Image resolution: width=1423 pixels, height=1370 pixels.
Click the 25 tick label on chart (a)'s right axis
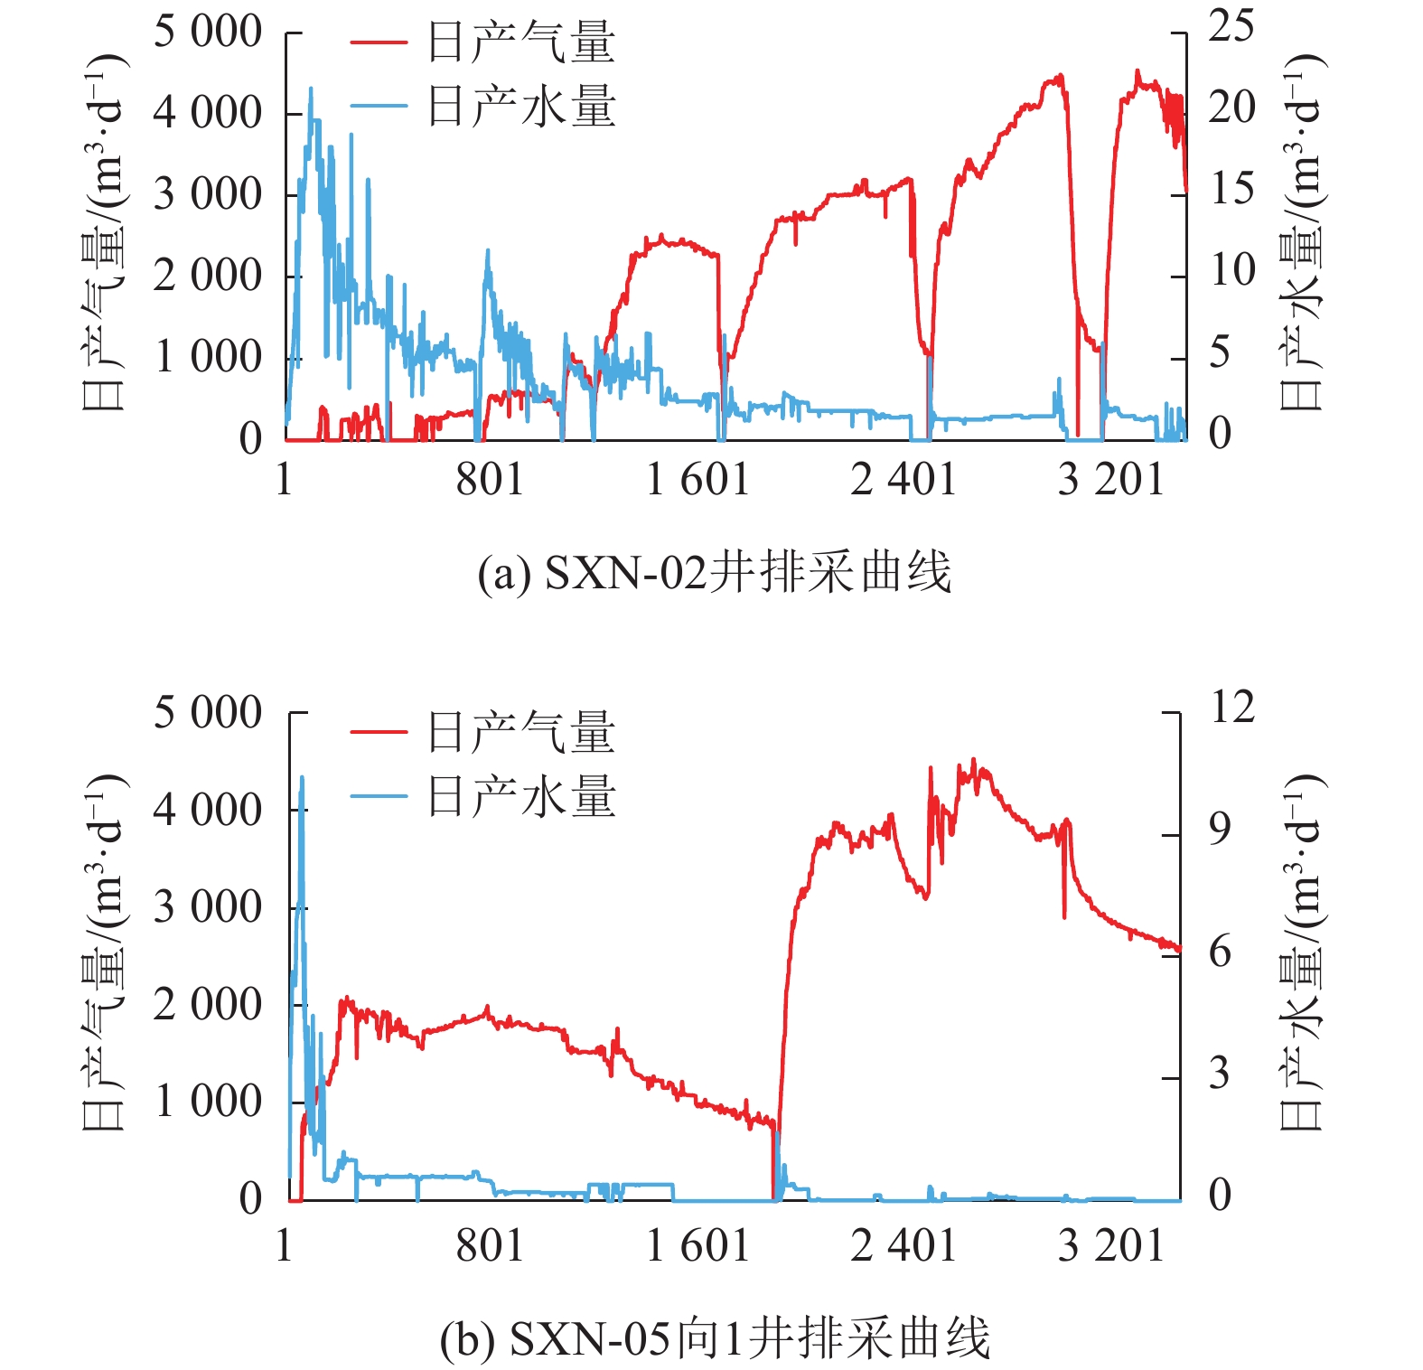tap(1231, 26)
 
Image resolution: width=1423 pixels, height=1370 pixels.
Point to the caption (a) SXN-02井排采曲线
tap(714, 573)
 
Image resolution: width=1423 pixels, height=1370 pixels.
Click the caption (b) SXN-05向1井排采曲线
tap(714, 1338)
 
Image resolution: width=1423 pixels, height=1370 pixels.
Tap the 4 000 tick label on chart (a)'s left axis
tap(208, 113)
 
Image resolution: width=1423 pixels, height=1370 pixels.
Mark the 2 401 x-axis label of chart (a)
tap(903, 478)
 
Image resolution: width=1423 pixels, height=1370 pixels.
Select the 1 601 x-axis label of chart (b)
tap(697, 1244)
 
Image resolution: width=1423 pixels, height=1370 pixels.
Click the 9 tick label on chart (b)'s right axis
tap(1220, 829)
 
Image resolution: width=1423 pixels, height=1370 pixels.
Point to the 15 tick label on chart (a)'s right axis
tap(1231, 189)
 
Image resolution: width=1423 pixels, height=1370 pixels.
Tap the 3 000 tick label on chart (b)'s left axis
tap(208, 906)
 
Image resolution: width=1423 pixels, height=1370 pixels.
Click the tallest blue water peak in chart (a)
tap(311, 89)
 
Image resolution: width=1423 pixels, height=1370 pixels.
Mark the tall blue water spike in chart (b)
tap(302, 778)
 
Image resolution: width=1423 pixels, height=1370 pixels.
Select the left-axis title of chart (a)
tap(103, 233)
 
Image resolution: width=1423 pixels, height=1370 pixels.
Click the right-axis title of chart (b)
tap(1302, 951)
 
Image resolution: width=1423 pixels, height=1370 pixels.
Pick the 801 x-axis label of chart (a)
tap(490, 478)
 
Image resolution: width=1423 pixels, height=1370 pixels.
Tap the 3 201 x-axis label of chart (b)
tap(1110, 1244)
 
